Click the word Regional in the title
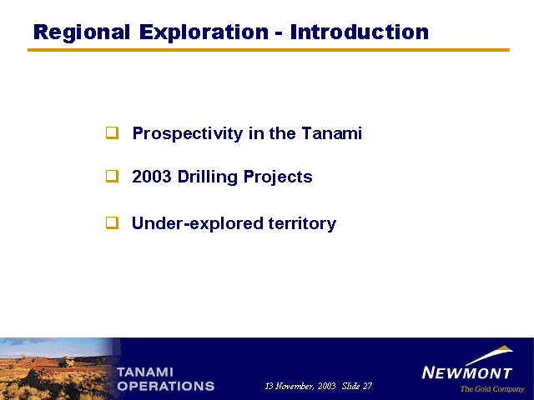pos(82,33)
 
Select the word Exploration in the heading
pos(204,33)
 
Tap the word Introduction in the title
pos(360,32)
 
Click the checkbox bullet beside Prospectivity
pos(112,132)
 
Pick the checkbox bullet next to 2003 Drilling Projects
pos(112,176)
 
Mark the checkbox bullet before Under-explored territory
pos(112,222)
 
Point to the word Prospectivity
pos(188,133)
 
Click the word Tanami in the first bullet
pos(331,133)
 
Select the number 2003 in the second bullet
pos(152,177)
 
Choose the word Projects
pos(278,177)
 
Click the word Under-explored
pos(198,224)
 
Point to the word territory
pos(302,224)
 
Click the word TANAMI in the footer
pos(145,372)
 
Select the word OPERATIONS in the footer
pos(166,386)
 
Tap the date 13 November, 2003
pos(300,386)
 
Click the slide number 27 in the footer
pos(367,386)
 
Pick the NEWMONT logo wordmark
pos(467,372)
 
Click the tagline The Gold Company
pos(492,389)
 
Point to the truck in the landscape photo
pos(67,362)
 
